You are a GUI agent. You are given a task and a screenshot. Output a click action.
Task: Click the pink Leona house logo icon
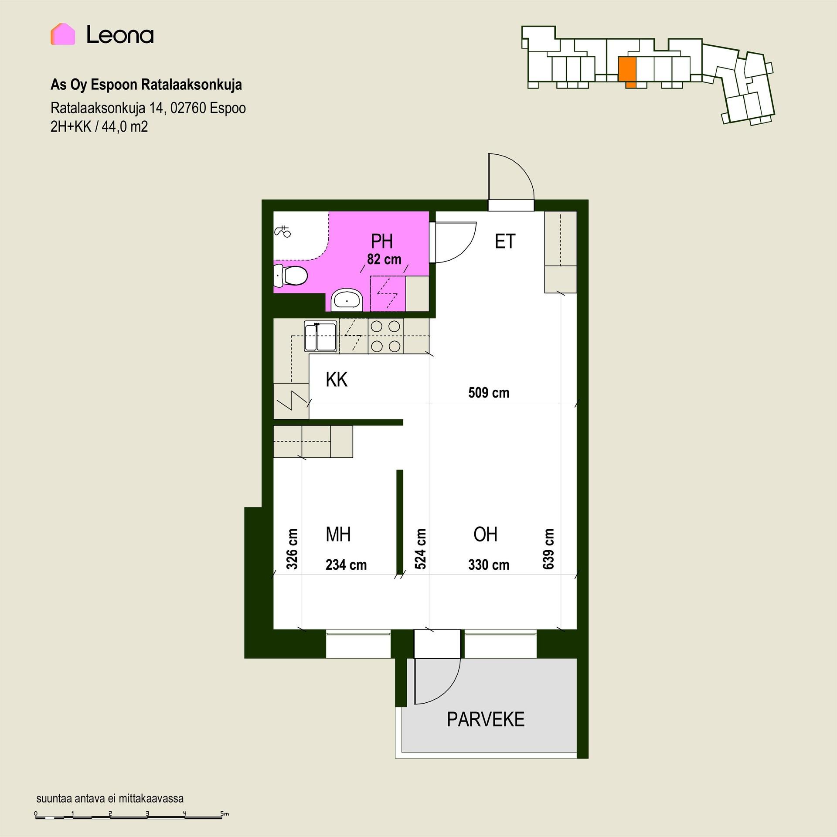click(x=63, y=34)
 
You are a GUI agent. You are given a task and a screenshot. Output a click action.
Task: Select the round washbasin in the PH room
click(x=347, y=300)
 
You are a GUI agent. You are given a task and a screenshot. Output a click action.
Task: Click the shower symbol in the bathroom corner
click(x=282, y=231)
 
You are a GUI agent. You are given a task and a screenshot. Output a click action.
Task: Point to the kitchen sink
click(x=320, y=337)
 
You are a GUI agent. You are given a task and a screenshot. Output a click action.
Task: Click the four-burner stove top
click(x=386, y=336)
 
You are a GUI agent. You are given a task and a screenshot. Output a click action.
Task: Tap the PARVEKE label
click(x=486, y=719)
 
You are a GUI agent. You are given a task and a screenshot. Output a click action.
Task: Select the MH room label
click(x=338, y=534)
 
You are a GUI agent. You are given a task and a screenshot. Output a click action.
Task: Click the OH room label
click(x=486, y=534)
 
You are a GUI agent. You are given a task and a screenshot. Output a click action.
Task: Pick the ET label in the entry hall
click(x=505, y=242)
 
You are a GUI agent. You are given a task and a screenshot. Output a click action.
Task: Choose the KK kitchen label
click(x=337, y=380)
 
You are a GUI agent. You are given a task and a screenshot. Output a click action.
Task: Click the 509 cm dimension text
click(x=489, y=393)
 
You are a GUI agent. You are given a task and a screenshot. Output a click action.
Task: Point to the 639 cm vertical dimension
click(x=548, y=549)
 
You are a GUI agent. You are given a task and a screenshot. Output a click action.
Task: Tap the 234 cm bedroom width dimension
click(x=346, y=565)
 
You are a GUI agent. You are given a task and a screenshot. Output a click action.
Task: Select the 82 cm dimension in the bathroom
click(x=384, y=259)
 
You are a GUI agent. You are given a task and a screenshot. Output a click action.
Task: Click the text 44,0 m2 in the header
click(x=125, y=127)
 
